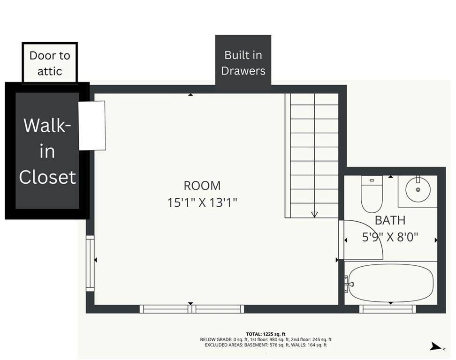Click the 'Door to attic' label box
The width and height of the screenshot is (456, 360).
pyautogui.click(x=50, y=62)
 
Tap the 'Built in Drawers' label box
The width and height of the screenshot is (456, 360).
pyautogui.click(x=243, y=60)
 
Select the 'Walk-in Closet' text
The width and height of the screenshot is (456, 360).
pyautogui.click(x=47, y=151)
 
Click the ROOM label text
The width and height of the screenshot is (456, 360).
pyautogui.click(x=202, y=186)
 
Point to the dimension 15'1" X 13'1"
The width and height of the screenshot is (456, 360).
pyautogui.click(x=202, y=202)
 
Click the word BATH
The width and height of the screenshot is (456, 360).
pyautogui.click(x=390, y=220)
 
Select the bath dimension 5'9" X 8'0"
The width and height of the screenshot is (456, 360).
pyautogui.click(x=390, y=237)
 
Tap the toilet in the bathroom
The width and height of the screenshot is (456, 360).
pyautogui.click(x=372, y=194)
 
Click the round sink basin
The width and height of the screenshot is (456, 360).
pyautogui.click(x=418, y=190)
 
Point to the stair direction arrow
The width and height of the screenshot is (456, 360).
pyautogui.click(x=314, y=215)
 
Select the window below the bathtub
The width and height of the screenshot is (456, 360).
pyautogui.click(x=388, y=309)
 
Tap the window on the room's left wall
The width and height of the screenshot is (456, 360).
pyautogui.click(x=90, y=263)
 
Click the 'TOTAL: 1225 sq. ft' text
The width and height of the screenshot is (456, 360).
pyautogui.click(x=266, y=334)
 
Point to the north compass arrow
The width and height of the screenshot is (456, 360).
pyautogui.click(x=436, y=346)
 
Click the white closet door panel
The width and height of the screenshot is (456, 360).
pyautogui.click(x=92, y=126)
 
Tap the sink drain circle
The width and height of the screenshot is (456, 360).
pyautogui.click(x=418, y=190)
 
